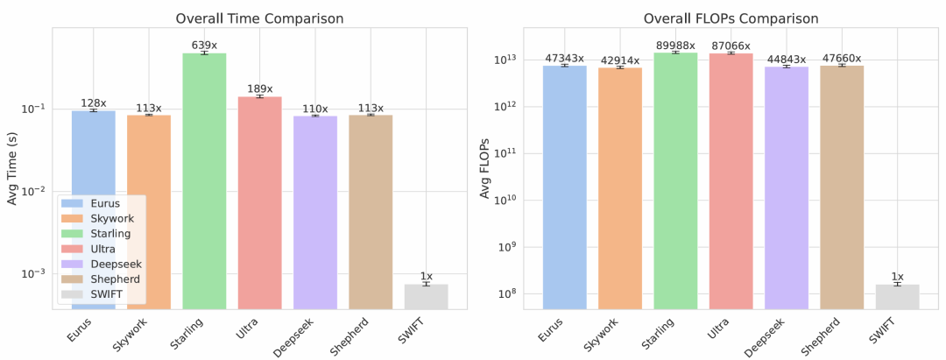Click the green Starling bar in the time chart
[x=204, y=180]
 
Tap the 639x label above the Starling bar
[x=204, y=45]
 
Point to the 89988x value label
[x=676, y=45]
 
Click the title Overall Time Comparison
[x=259, y=18]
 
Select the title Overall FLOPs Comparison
[x=731, y=18]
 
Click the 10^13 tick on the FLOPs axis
[x=509, y=60]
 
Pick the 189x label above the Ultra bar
[x=259, y=88]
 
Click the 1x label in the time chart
[x=426, y=276]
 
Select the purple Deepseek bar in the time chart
[x=315, y=210]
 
